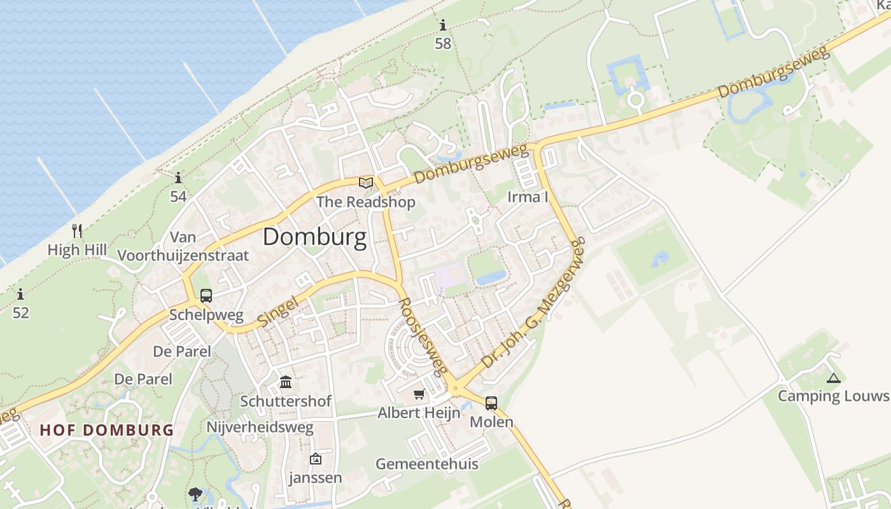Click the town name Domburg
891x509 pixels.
(x=314, y=237)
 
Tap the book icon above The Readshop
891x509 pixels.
(x=366, y=183)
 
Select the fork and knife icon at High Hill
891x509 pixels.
(x=77, y=230)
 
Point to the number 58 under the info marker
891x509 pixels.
(x=443, y=43)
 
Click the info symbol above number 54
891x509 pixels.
(x=178, y=178)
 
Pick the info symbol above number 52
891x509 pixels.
(x=20, y=294)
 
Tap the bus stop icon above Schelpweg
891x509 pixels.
(x=206, y=296)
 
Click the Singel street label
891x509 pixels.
(x=278, y=312)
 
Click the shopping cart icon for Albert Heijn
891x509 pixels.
(x=419, y=394)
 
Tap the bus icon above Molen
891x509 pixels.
(x=491, y=403)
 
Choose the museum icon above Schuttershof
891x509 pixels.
(x=286, y=382)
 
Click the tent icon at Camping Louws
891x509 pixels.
(x=833, y=378)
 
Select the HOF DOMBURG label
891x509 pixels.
(x=107, y=430)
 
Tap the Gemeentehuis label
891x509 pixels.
(x=426, y=464)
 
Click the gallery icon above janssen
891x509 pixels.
(x=315, y=459)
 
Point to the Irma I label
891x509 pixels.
(x=528, y=197)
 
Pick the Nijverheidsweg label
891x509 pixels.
(x=260, y=427)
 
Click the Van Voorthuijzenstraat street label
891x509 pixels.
(x=183, y=247)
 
